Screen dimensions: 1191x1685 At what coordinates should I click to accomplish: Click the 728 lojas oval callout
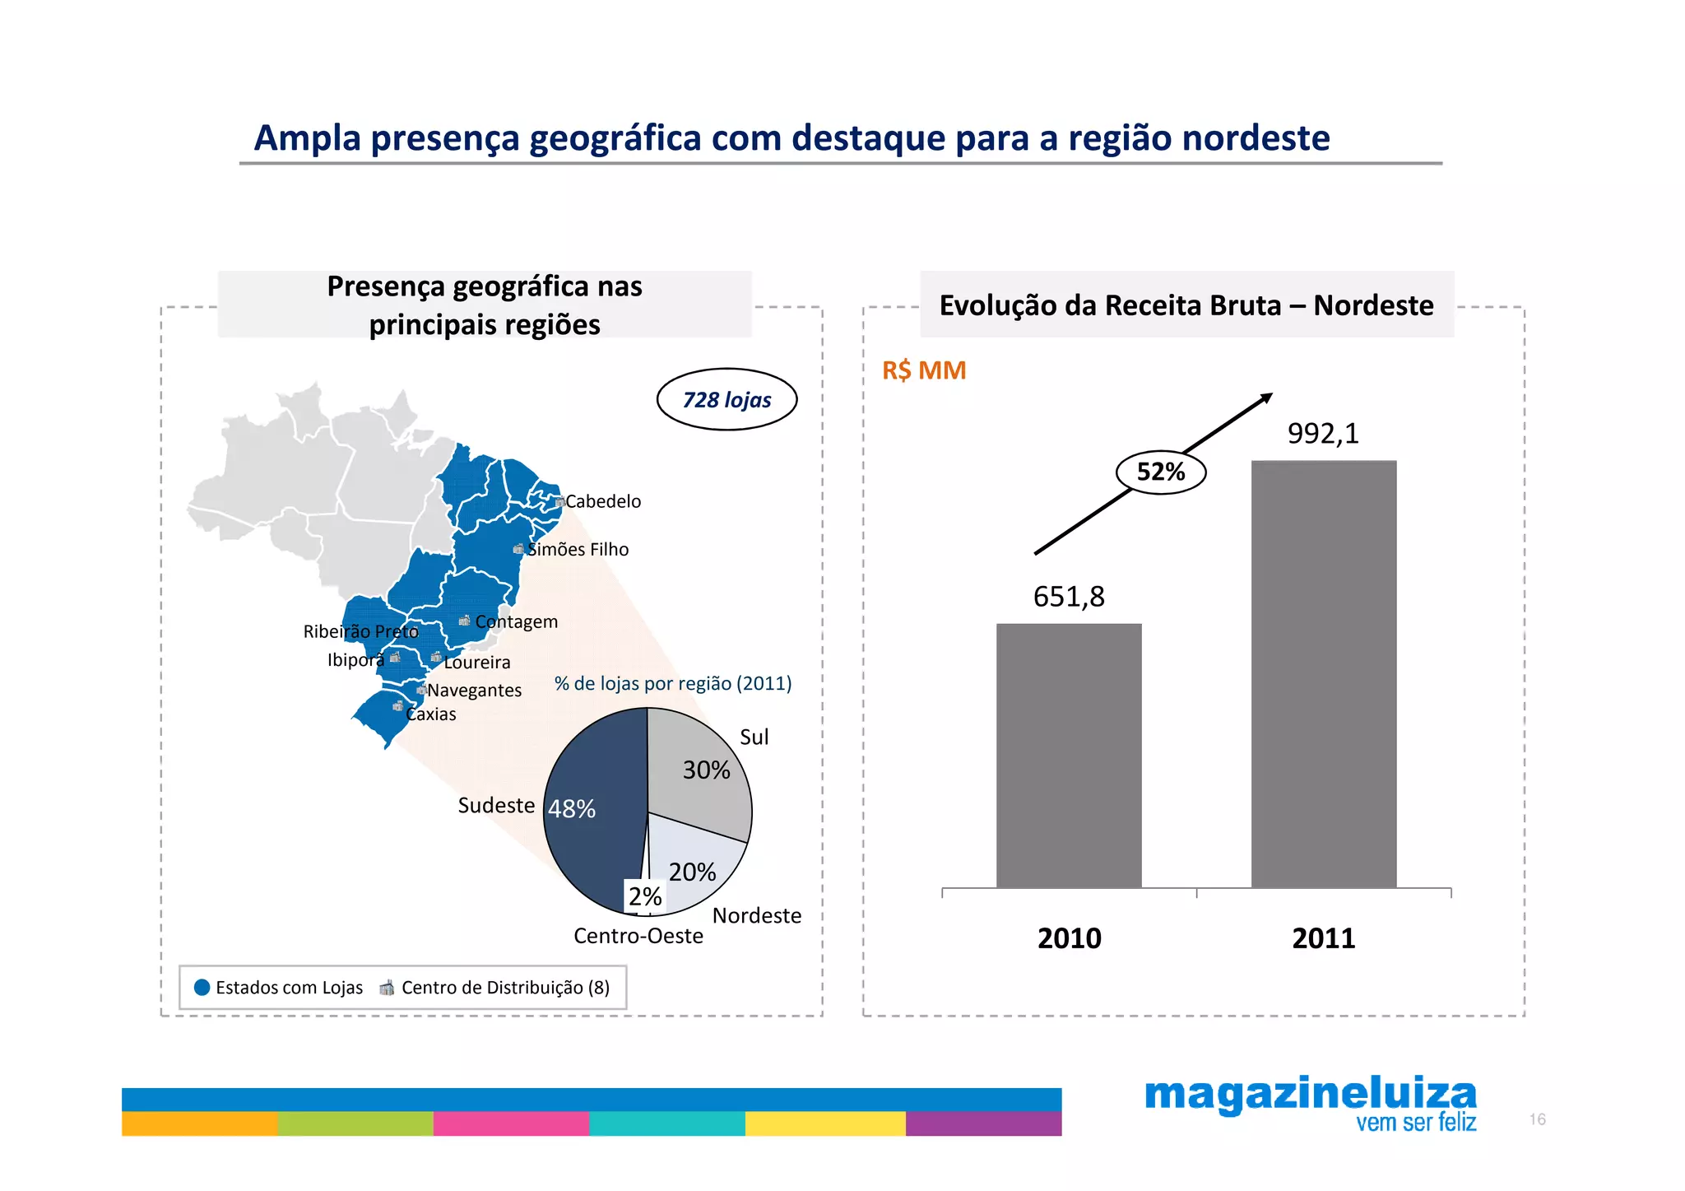coord(726,399)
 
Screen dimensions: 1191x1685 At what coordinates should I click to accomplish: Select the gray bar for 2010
coord(1069,755)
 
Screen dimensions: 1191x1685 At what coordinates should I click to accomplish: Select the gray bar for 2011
coord(1323,673)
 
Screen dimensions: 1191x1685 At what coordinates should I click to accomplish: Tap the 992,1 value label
coord(1323,433)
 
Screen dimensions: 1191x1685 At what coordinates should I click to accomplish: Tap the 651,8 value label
coord(1069,596)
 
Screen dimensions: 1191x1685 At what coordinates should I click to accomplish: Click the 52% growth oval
coord(1160,472)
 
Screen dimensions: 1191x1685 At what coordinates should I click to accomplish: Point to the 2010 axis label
coord(1069,937)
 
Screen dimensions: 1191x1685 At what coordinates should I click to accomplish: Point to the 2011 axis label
coord(1323,937)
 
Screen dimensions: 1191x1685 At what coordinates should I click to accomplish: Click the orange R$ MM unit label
coord(924,370)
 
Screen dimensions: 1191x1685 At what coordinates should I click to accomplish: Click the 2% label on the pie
coord(645,896)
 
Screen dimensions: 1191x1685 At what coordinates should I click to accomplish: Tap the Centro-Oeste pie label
coord(638,936)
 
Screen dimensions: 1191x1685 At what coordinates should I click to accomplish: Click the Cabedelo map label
coord(602,501)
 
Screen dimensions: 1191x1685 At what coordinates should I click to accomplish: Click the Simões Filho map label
coord(578,549)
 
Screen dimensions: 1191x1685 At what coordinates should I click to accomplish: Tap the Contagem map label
coord(516,621)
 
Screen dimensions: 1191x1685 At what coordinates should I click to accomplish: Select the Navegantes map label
coord(474,690)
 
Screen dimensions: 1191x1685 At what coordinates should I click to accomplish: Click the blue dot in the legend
coord(202,987)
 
